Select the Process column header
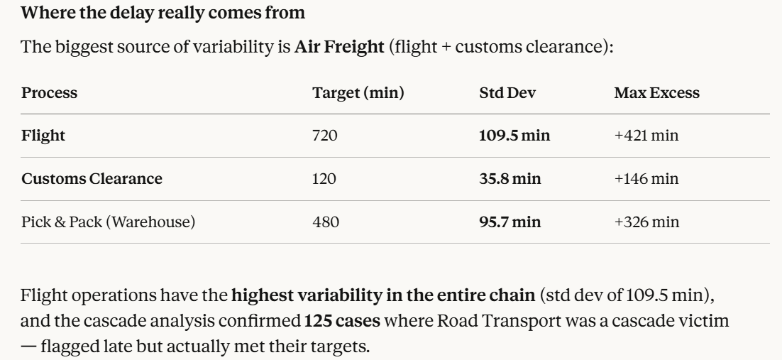[x=49, y=93]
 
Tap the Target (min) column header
[x=358, y=93]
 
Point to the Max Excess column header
[x=657, y=93]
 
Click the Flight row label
[x=43, y=136]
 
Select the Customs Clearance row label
[x=92, y=179]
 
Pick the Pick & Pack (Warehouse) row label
[x=109, y=222]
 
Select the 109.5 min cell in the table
[x=514, y=136]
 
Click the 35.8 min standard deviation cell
[x=510, y=179]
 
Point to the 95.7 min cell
[x=510, y=222]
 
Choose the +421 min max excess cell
[x=646, y=136]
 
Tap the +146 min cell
[x=646, y=179]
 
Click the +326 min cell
[x=646, y=222]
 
